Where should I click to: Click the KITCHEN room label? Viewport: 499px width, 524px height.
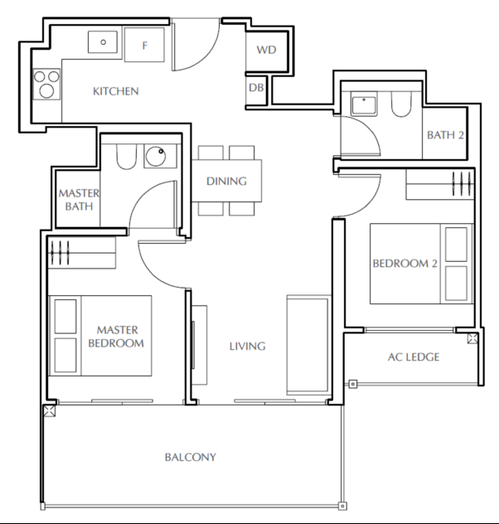[x=115, y=91]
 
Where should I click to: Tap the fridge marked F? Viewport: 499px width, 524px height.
[x=144, y=45]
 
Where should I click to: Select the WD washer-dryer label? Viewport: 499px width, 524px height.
[x=266, y=50]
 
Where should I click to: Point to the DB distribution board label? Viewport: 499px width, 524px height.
[x=256, y=88]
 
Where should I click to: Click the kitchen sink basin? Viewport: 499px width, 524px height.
[x=103, y=42]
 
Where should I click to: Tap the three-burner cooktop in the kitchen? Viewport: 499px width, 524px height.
[x=46, y=84]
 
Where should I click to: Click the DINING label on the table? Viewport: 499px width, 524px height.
[x=226, y=181]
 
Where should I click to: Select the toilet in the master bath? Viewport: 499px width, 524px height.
[x=127, y=157]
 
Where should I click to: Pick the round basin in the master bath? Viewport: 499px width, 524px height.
[x=156, y=157]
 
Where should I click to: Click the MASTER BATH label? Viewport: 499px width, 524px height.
[x=79, y=200]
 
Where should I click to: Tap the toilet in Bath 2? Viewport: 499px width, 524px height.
[x=401, y=104]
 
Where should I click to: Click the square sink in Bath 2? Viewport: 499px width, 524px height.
[x=364, y=104]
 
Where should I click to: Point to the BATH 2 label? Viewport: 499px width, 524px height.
[x=445, y=135]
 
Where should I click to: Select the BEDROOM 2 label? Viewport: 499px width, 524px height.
[x=405, y=264]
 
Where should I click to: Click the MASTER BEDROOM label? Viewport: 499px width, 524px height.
[x=117, y=337]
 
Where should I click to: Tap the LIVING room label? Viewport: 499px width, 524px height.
[x=248, y=347]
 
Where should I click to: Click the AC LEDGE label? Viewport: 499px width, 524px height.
[x=414, y=357]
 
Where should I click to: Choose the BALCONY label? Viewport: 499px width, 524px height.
[x=191, y=457]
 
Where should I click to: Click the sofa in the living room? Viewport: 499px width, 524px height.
[x=308, y=345]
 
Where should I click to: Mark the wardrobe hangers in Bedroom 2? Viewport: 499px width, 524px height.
[x=463, y=183]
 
